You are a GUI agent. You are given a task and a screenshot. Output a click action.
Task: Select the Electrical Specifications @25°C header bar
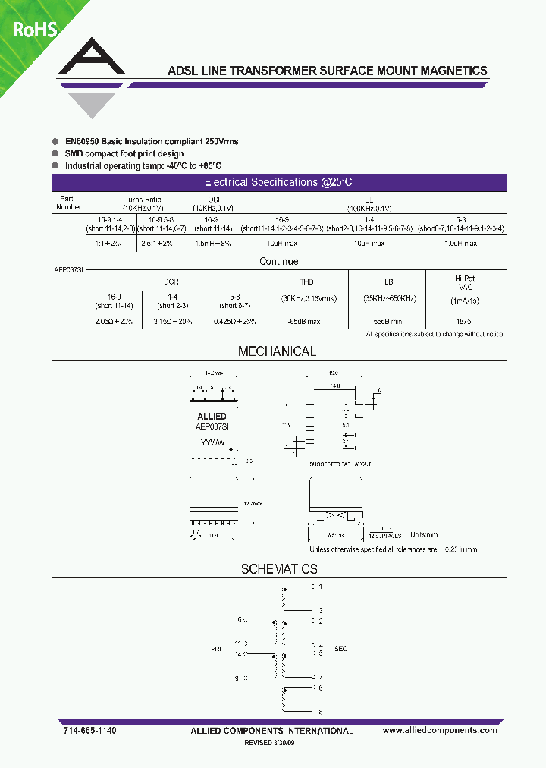[278, 183]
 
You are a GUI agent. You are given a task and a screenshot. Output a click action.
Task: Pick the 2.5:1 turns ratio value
[157, 244]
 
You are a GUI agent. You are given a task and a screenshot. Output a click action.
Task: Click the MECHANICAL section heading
[277, 352]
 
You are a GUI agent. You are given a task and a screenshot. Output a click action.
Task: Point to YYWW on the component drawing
[212, 441]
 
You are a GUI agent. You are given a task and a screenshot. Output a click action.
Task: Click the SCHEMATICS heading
[279, 569]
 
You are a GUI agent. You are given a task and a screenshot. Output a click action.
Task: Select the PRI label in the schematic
[217, 650]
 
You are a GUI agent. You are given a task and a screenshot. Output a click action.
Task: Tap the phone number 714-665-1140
[89, 730]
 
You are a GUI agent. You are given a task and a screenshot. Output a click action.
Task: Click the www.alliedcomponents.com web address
[440, 730]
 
